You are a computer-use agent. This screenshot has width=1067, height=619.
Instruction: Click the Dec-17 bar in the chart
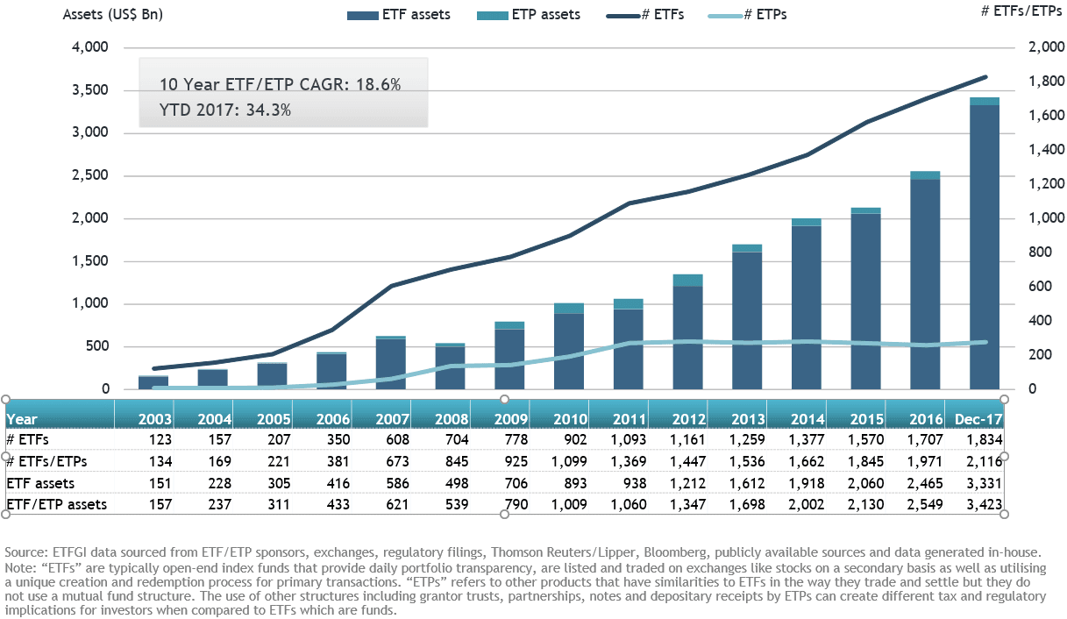(x=985, y=245)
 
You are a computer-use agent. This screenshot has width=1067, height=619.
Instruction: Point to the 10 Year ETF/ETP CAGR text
(x=280, y=84)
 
